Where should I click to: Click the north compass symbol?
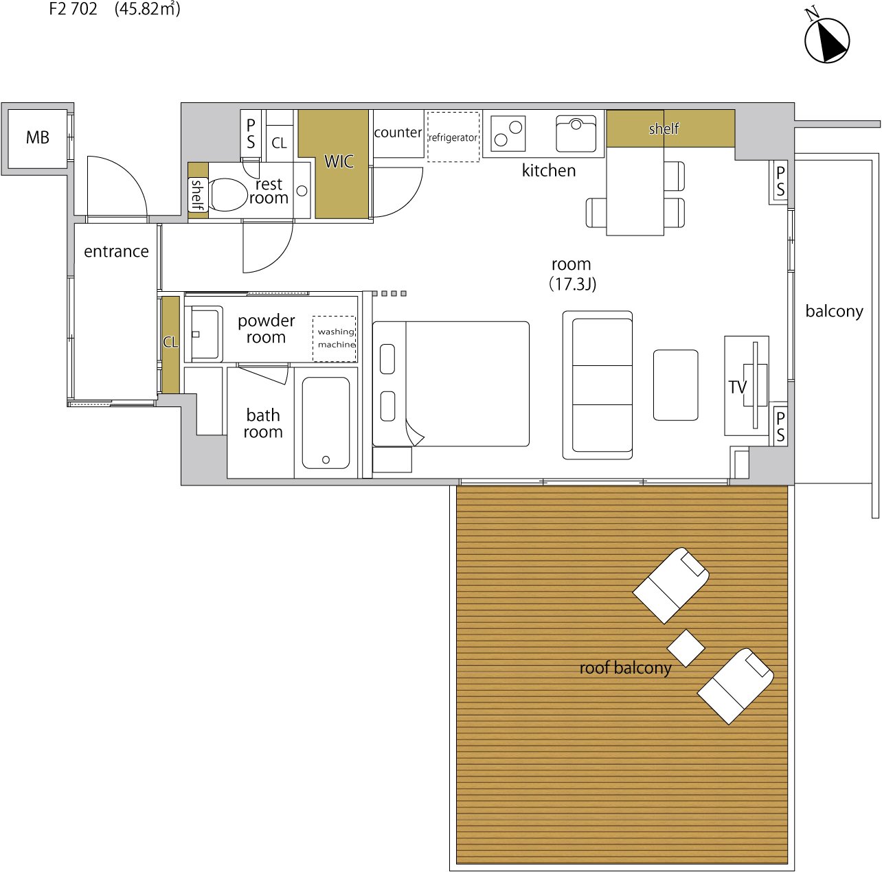826,40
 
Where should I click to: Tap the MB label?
38,137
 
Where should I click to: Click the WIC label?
339,161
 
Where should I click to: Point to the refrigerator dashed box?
453,137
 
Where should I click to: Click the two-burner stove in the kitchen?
508,133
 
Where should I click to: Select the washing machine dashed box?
335,339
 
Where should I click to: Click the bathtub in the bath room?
326,423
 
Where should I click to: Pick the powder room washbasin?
204,334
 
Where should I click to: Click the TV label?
737,387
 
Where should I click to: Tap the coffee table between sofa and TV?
675,385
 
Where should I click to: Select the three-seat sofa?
598,385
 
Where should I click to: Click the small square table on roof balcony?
686,648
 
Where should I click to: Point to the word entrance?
116,251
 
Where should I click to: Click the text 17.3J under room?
572,284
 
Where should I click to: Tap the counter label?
398,133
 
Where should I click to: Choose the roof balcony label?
625,668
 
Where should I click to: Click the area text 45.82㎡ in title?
148,9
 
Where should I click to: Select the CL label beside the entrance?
171,342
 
